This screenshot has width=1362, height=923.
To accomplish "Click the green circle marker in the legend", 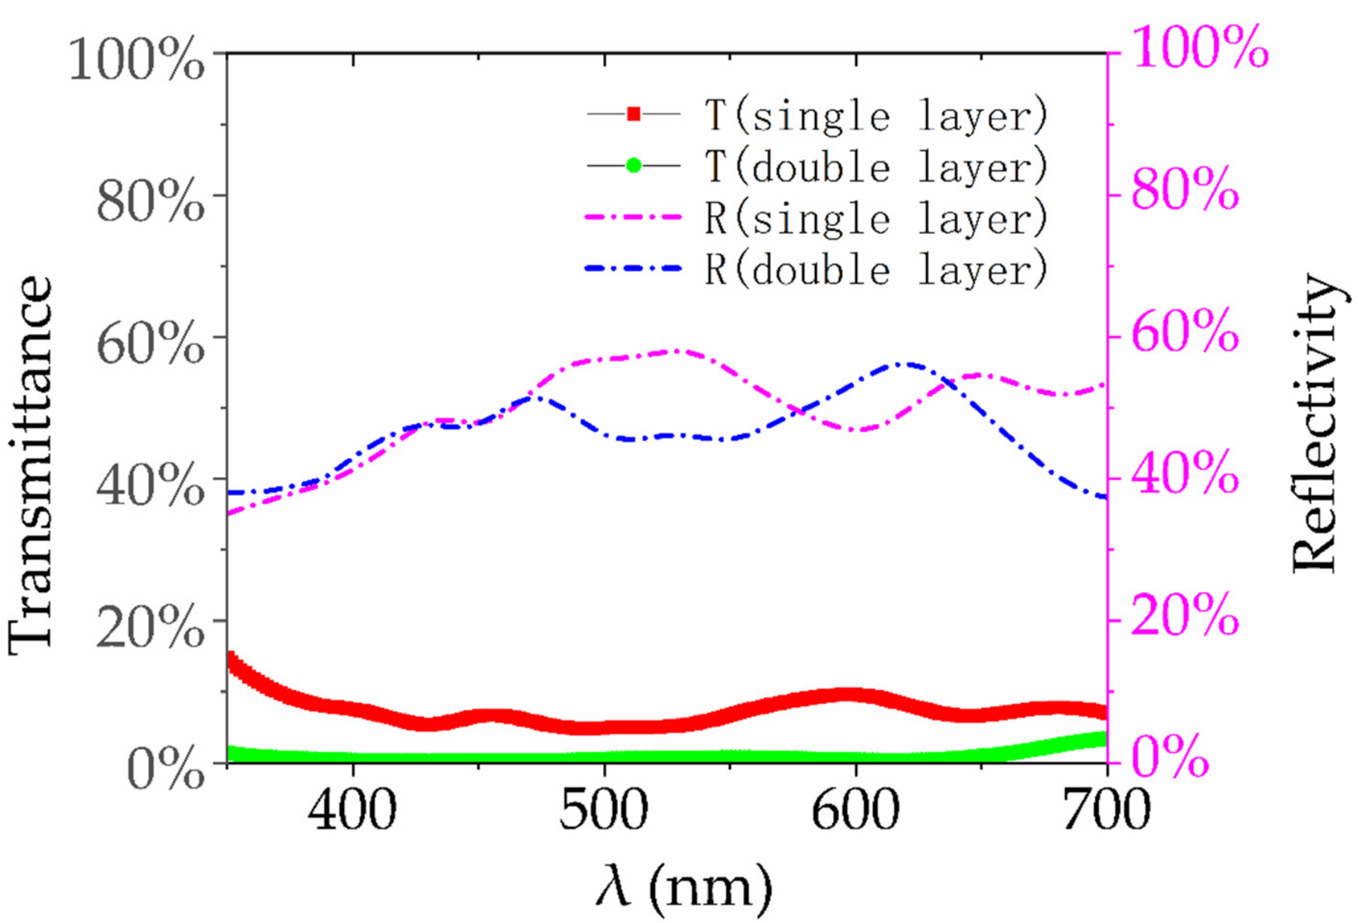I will click(633, 165).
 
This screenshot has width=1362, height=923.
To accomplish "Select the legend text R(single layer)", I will click(876, 217).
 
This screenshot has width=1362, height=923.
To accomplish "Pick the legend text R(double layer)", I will click(876, 269).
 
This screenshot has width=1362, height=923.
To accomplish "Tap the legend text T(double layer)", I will click(876, 167).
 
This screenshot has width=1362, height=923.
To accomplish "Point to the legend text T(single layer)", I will click(876, 115).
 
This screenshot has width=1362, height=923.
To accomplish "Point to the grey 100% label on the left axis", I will click(136, 60).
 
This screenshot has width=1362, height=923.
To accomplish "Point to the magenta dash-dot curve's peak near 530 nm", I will click(677, 351).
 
